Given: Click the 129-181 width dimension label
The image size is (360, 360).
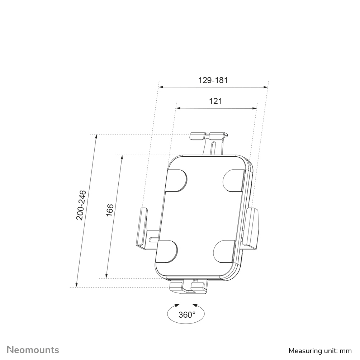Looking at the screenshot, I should [213, 80].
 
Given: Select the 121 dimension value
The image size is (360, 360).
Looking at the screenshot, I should [215, 101].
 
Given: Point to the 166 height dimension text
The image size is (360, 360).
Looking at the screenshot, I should [110, 210].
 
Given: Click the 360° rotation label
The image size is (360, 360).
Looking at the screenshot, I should [187, 315].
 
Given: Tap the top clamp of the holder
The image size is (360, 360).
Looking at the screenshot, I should [208, 136].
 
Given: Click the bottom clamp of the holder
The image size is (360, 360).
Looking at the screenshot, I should [188, 286].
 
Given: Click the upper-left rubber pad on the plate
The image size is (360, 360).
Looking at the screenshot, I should [176, 180].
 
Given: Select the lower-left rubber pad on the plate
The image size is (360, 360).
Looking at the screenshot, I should [167, 251].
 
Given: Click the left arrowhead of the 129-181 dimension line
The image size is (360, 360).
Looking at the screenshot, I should [161, 87].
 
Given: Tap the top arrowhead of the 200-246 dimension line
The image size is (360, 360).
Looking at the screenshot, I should [96, 137].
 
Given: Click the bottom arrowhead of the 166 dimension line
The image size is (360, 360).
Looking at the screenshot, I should [106, 276].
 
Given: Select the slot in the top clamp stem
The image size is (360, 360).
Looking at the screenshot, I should [213, 148].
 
